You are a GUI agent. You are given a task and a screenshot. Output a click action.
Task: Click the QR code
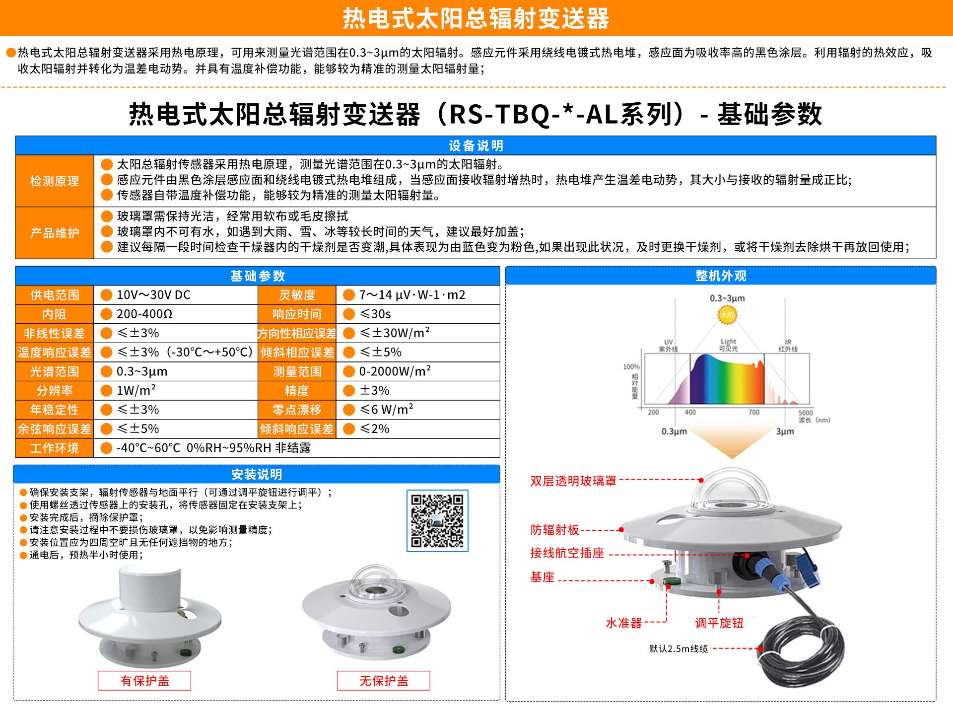(x=437, y=520)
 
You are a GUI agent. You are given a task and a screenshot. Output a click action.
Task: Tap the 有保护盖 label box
(x=144, y=680)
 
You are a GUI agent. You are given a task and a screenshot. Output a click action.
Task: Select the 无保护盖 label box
(x=384, y=680)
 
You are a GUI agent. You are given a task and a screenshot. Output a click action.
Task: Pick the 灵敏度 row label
(x=297, y=295)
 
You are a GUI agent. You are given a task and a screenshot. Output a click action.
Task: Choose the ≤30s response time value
(x=375, y=314)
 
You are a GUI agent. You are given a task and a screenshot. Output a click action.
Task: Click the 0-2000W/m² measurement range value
(x=395, y=371)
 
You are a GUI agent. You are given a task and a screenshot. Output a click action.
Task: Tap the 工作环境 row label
(x=55, y=448)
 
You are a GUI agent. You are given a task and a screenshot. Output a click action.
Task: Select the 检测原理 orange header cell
(x=55, y=181)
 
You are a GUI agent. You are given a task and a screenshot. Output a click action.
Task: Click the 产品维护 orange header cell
(x=55, y=233)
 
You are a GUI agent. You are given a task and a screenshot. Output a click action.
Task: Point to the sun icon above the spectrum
(x=727, y=314)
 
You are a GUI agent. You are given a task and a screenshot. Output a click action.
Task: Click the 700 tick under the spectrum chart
(x=754, y=412)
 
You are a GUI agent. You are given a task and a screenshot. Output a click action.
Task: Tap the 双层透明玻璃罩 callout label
(x=573, y=481)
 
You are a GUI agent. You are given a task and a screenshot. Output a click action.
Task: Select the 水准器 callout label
(x=623, y=623)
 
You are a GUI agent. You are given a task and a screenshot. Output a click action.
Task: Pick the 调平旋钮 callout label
(x=719, y=623)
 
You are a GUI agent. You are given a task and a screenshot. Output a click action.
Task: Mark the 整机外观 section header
(x=721, y=276)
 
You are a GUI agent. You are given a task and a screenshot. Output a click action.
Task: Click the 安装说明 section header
(x=257, y=474)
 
